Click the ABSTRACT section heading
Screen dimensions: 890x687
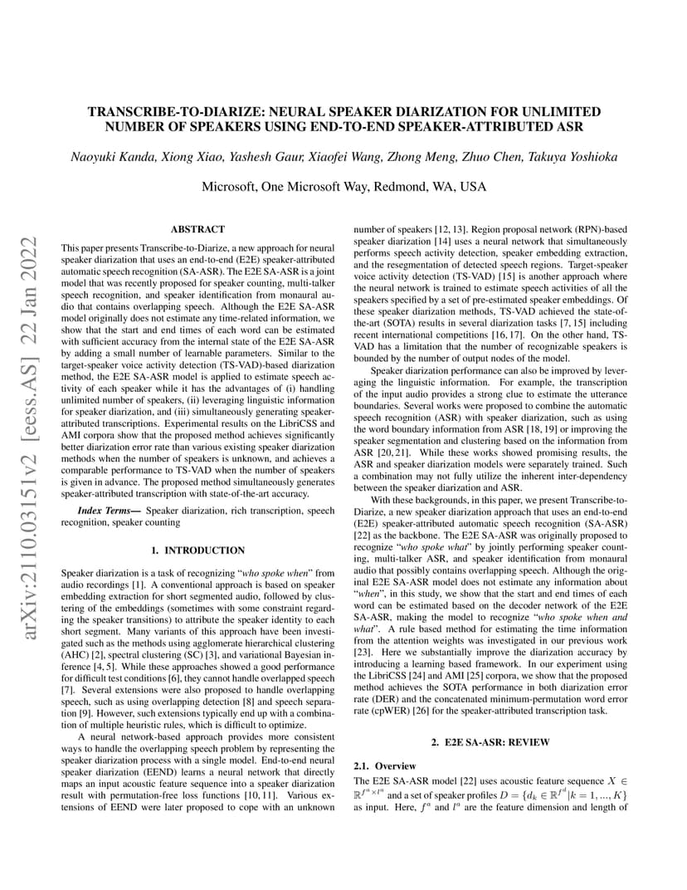(197, 229)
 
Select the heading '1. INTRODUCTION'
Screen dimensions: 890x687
(197, 550)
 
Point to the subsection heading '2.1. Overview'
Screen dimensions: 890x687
(385, 765)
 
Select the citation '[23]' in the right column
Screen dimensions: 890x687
(363, 653)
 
